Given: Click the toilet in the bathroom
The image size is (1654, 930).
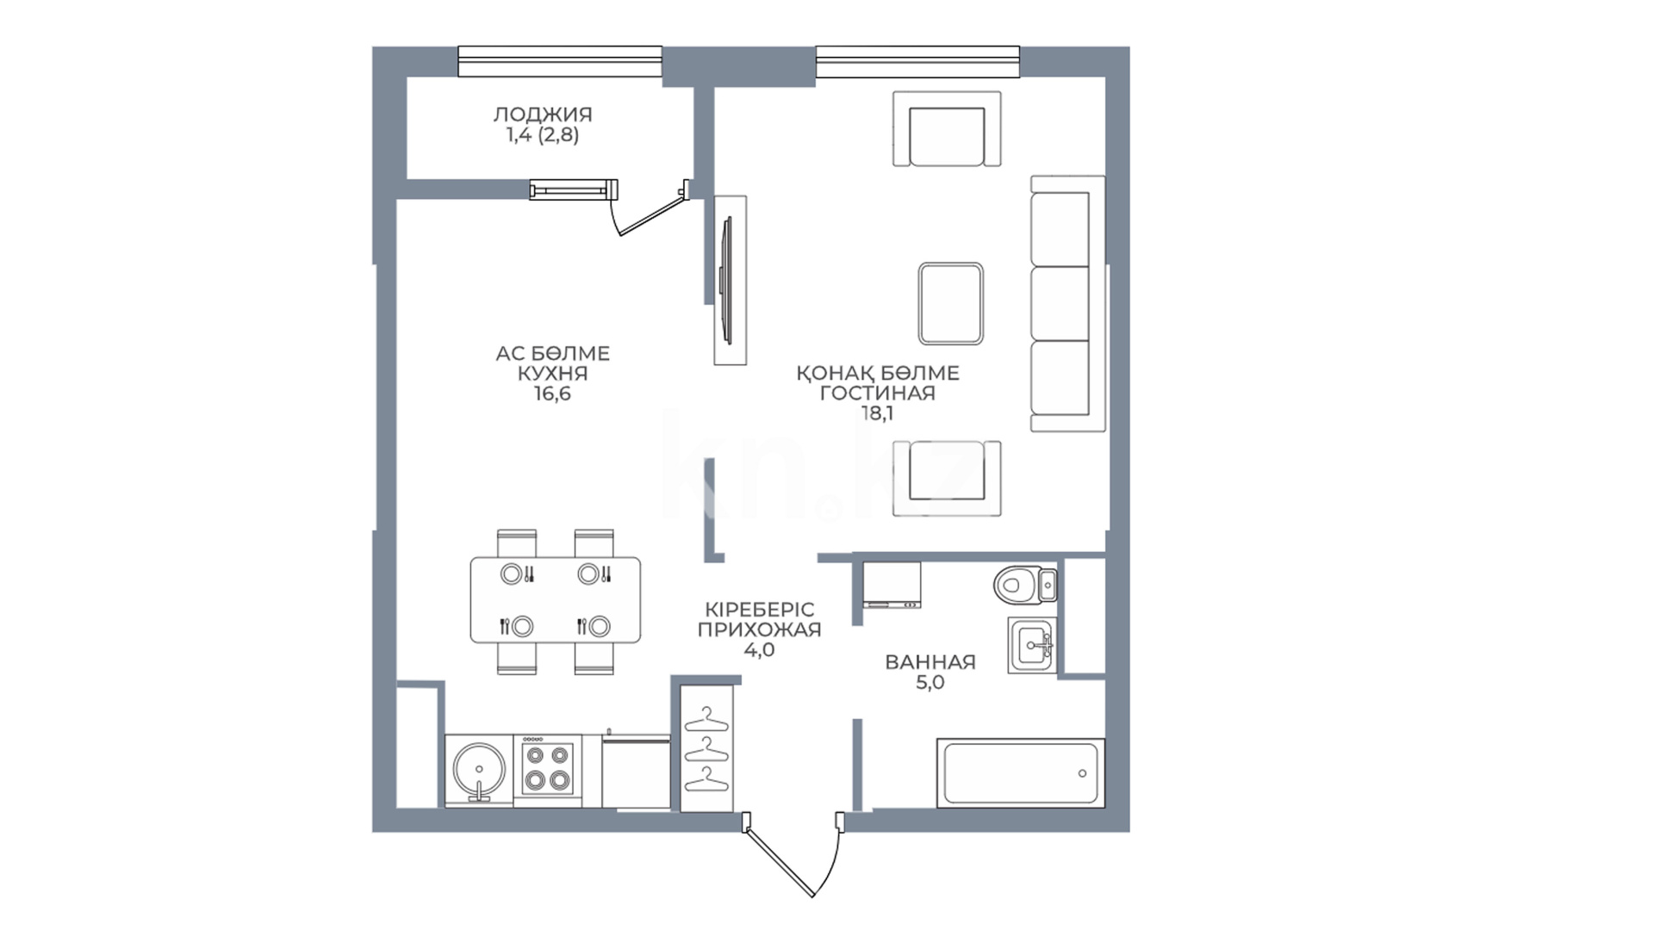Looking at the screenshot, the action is [x=1024, y=586].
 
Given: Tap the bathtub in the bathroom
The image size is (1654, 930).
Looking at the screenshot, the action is [x=1020, y=772].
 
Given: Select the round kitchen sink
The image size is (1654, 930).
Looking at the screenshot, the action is [x=479, y=771].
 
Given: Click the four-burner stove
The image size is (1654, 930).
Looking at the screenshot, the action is [x=547, y=770].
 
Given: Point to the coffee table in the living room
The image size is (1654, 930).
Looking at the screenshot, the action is [x=950, y=304].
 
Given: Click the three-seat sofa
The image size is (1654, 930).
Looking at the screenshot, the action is [x=1068, y=304].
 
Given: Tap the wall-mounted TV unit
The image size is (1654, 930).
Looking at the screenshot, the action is [x=730, y=280].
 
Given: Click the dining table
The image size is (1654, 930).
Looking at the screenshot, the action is [x=556, y=599].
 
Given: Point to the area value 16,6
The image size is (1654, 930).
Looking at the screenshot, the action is [x=552, y=394].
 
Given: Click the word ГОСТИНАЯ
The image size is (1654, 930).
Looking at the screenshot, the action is [x=877, y=394].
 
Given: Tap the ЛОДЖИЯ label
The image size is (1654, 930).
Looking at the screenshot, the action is [x=543, y=115].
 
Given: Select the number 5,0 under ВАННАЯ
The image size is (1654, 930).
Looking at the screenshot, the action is [x=930, y=683].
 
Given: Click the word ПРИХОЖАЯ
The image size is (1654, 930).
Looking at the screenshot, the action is [x=759, y=629].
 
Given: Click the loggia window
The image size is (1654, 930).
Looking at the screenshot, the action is [x=560, y=62].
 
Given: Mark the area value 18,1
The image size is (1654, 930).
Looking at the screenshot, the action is [x=877, y=413].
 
